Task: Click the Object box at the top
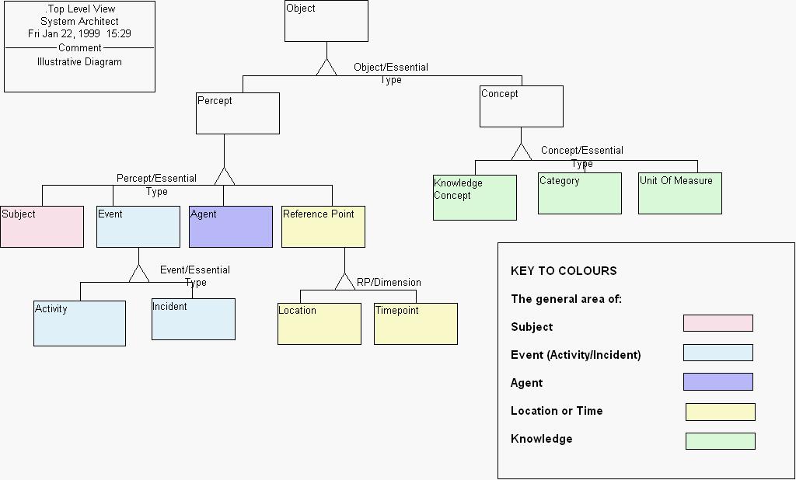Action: [326, 21]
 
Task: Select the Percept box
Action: [238, 113]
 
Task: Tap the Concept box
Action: [521, 106]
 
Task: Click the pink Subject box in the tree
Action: [42, 227]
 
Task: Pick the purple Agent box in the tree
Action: [231, 227]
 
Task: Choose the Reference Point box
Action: [323, 227]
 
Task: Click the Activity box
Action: [79, 323]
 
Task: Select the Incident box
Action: [194, 319]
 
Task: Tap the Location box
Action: [319, 324]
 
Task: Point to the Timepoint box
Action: [416, 324]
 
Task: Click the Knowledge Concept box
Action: [475, 197]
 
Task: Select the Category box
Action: [580, 193]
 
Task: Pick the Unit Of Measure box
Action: [680, 193]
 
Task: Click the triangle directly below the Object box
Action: [326, 68]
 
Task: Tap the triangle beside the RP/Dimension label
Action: [344, 282]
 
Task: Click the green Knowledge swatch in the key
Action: [720, 441]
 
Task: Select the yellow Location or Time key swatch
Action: [720, 412]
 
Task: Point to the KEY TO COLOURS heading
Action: [564, 271]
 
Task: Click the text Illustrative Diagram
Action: [79, 62]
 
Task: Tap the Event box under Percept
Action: [138, 227]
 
